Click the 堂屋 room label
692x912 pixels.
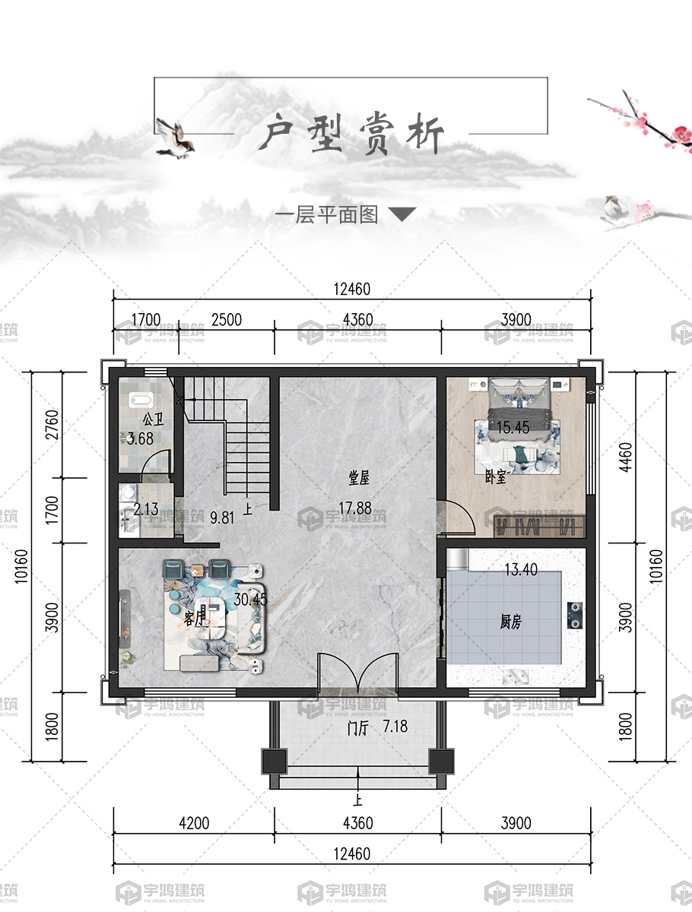[359, 478]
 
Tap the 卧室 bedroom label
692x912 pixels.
[496, 477]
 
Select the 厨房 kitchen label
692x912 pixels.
[510, 622]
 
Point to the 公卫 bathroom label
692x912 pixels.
[154, 420]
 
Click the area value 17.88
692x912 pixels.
[355, 508]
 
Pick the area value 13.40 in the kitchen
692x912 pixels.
[521, 569]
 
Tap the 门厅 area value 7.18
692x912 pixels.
[395, 727]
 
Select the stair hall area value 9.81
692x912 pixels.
[222, 518]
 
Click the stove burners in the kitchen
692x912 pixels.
[575, 616]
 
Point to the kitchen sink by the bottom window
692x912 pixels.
[516, 677]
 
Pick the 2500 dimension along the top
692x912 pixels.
[227, 320]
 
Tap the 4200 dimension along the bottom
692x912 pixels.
[194, 823]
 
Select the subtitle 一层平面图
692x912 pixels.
[327, 215]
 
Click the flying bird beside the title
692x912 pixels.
[175, 138]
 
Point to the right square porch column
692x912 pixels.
[441, 762]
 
